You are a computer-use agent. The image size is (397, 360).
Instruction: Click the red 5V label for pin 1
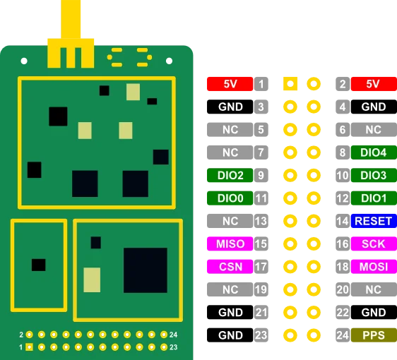(230, 84)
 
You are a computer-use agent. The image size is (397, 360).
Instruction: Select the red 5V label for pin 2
(373, 84)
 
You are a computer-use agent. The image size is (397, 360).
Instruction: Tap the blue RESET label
(373, 221)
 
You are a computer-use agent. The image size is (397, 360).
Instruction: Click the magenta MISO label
(230, 244)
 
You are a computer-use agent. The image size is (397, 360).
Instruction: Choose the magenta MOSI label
(373, 267)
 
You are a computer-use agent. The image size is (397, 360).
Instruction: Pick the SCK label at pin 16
(373, 244)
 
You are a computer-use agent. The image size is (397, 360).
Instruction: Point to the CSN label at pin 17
(230, 267)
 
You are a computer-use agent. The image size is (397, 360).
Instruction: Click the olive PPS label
(373, 335)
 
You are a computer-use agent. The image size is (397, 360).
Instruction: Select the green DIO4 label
(373, 152)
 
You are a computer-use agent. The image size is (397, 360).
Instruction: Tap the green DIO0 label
(230, 198)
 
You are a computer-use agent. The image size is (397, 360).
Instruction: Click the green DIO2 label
(230, 175)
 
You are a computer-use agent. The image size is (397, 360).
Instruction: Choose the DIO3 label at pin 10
(373, 175)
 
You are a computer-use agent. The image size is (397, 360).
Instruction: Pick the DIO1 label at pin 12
(373, 198)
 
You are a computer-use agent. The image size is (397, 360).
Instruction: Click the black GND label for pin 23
(230, 335)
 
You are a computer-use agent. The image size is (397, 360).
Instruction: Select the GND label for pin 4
(373, 107)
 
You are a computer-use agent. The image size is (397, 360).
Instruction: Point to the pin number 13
(261, 221)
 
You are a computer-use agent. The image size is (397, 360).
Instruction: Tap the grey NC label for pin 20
(373, 289)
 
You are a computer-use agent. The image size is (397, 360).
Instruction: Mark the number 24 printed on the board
(174, 334)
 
